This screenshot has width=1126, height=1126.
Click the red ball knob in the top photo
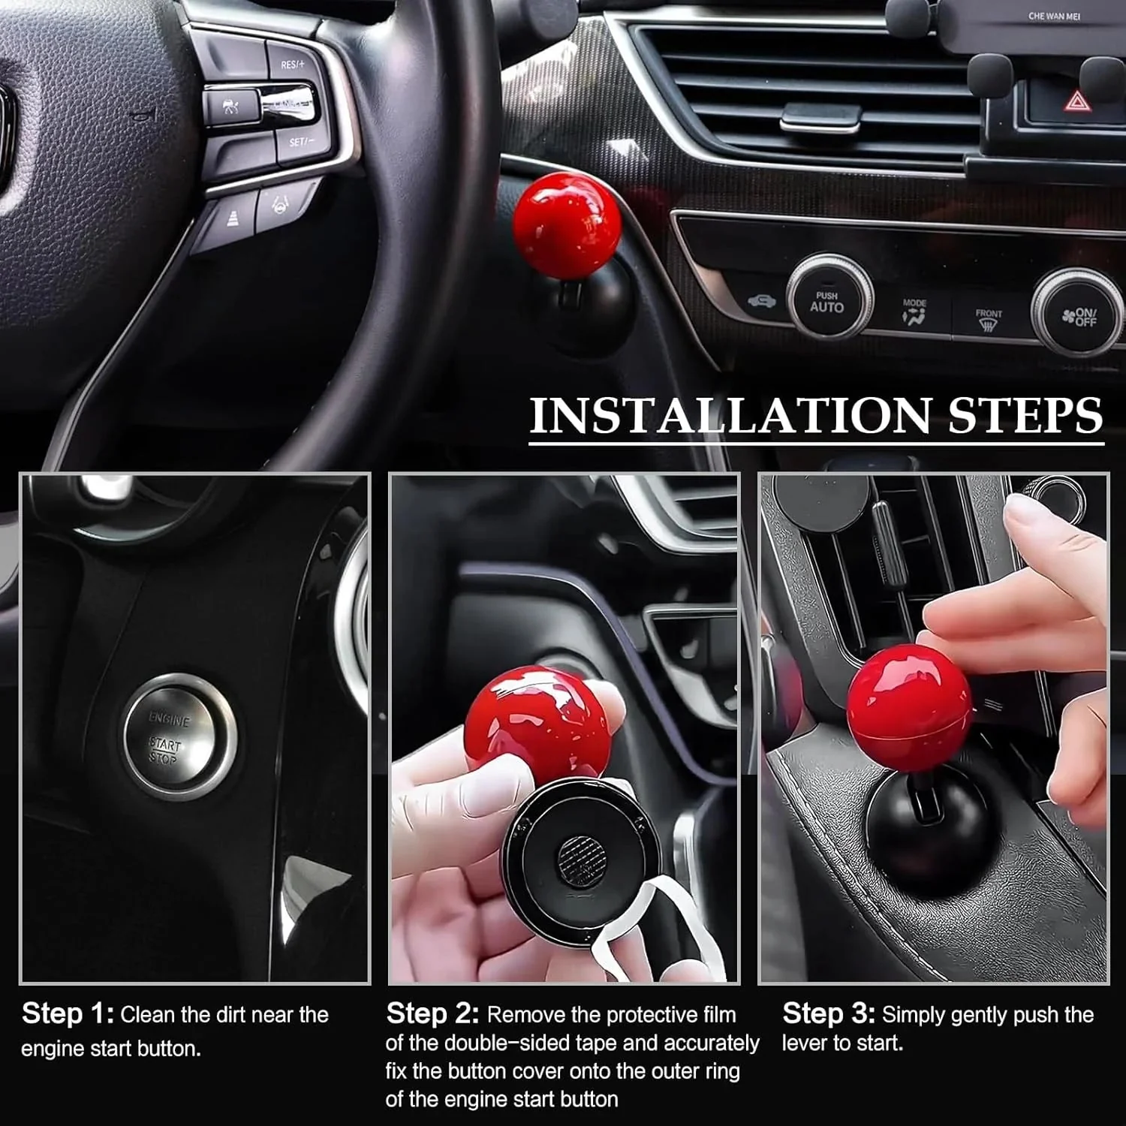click(567, 222)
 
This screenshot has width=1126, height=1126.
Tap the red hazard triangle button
click(1077, 101)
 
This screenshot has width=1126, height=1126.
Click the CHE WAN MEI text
click(1054, 16)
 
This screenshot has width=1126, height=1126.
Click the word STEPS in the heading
click(1025, 415)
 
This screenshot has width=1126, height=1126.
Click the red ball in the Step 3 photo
click(908, 702)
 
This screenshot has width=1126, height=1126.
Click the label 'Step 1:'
click(68, 1014)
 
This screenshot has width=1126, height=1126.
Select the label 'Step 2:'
click(432, 1014)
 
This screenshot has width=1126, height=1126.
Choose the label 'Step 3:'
click(829, 1014)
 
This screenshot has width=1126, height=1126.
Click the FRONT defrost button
click(988, 320)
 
